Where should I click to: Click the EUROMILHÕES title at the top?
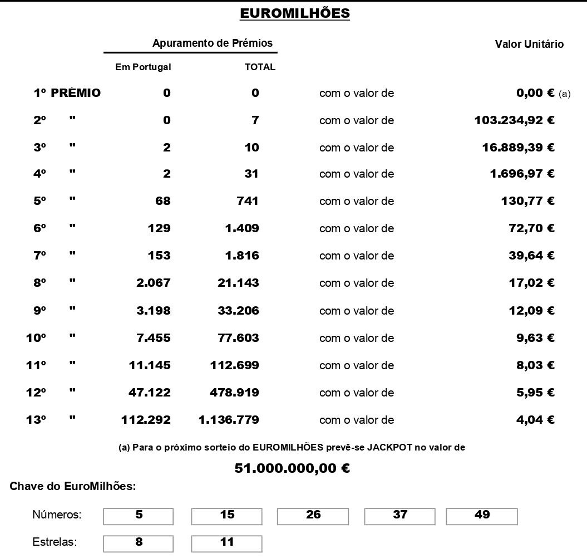295,13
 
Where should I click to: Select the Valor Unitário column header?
529,45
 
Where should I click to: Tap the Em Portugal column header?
143,67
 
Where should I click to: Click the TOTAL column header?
260,67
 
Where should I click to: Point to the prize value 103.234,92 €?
514,120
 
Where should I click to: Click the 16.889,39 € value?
518,148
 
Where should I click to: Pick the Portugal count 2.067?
154,283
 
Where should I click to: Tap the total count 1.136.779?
229,420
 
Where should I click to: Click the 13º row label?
36,420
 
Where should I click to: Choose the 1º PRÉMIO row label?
67,94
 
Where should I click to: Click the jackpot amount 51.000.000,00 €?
292,468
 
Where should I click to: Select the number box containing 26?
313,516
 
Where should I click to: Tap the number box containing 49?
482,516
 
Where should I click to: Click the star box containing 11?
226,543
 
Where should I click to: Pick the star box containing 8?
139,543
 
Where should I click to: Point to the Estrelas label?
55,542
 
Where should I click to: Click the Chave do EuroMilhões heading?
73,487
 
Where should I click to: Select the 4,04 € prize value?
535,420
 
